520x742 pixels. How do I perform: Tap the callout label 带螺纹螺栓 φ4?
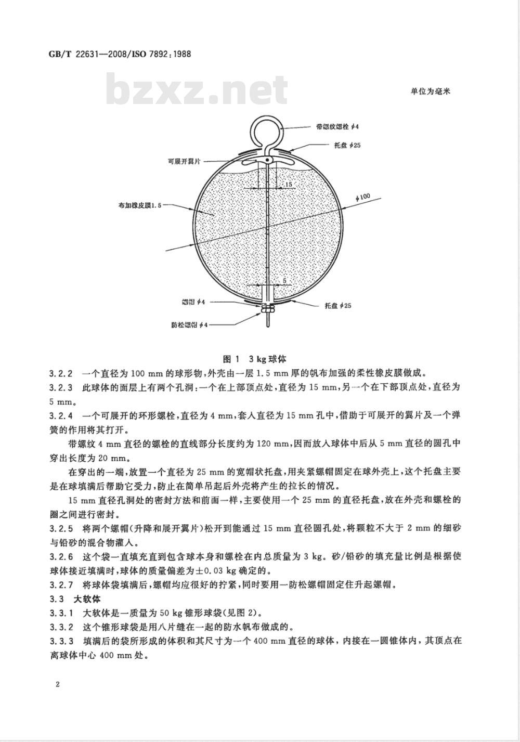[x=337, y=126]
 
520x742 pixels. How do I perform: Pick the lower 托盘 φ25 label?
[x=337, y=306]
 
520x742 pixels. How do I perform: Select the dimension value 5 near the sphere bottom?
[x=284, y=281]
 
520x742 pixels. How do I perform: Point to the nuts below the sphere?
[x=268, y=308]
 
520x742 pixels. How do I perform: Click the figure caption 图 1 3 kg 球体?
[x=254, y=359]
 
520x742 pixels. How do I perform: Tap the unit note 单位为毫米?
[x=430, y=90]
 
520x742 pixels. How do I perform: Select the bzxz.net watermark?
[x=198, y=89]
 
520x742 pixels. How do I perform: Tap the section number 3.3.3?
[x=61, y=641]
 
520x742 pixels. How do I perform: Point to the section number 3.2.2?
[x=61, y=373]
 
